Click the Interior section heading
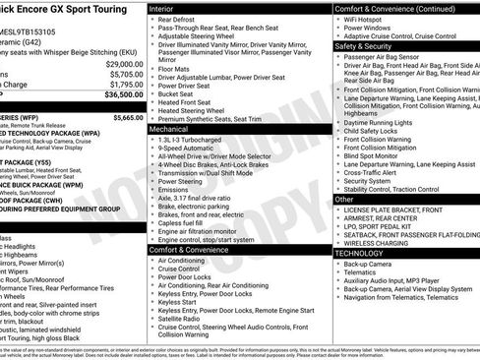(x=162, y=7)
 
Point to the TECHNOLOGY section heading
(x=360, y=252)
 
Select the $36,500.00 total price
(x=121, y=95)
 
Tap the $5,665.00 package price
(x=127, y=116)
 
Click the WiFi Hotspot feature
(x=368, y=20)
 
